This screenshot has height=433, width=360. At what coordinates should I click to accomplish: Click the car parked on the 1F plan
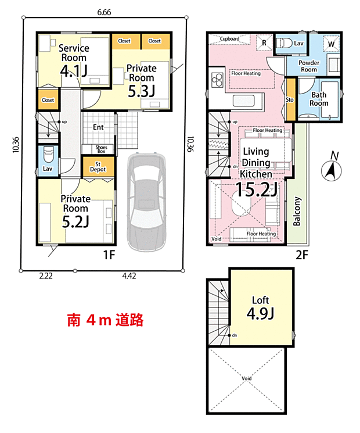point(147,202)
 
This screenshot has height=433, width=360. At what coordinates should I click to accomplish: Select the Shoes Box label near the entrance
point(101,149)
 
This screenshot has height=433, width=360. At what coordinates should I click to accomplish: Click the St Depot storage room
point(98,167)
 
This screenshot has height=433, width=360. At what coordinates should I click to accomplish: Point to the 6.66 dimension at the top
point(104,12)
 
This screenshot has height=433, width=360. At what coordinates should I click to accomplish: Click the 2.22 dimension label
point(46,276)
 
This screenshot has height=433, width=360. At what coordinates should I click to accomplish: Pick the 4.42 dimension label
point(129,276)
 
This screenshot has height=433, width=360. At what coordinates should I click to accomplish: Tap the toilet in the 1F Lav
point(49,155)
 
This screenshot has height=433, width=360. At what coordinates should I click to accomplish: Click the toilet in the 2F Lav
point(284,44)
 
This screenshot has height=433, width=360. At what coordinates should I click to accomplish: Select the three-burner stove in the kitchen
point(217,79)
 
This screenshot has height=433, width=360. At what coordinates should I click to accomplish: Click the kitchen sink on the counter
point(244,101)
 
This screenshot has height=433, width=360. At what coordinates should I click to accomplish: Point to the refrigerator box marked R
point(264,43)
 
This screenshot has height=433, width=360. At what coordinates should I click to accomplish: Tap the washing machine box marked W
point(332,44)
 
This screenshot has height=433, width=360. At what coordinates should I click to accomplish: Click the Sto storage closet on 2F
point(290,100)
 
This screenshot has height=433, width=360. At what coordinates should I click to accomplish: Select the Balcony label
point(297,211)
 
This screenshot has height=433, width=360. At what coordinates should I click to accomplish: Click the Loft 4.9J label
point(260,308)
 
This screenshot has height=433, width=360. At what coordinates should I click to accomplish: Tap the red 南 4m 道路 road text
point(105,320)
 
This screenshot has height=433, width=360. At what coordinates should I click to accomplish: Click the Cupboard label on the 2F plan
point(229,39)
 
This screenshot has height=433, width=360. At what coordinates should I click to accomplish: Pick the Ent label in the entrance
point(98,127)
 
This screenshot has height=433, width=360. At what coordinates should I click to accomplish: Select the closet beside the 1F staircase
point(48,100)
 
